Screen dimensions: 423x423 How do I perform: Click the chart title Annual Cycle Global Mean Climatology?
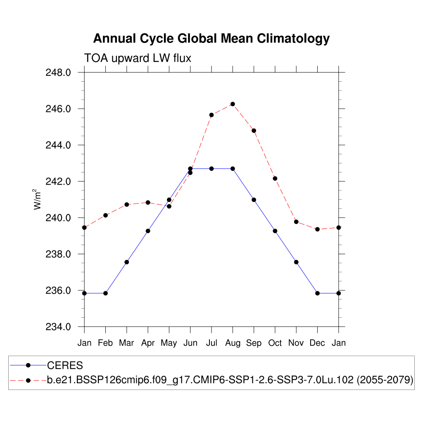211,38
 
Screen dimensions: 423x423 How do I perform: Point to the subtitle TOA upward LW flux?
138,58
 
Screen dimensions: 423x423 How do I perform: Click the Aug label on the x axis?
233,343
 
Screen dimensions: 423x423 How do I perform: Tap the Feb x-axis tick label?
105,343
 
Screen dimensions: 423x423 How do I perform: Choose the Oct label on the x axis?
275,343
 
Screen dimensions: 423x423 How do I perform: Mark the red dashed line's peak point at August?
233,104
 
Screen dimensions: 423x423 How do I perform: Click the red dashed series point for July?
211,115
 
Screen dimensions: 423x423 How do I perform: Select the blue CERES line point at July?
211,169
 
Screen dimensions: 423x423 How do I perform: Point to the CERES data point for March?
127,262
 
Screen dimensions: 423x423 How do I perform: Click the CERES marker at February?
105,293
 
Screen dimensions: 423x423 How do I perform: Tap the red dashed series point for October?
275,178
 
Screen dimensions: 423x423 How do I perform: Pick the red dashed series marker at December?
317,229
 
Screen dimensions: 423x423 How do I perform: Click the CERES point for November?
296,262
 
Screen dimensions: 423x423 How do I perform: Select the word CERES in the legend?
65,365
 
